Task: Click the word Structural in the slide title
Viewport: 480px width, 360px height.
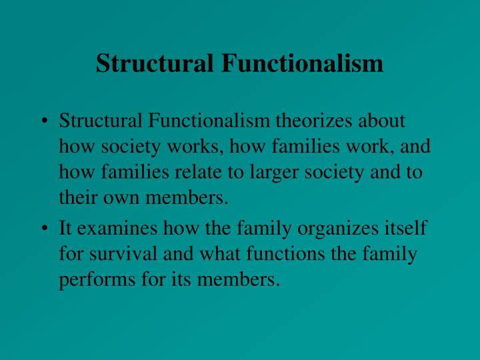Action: point(155,63)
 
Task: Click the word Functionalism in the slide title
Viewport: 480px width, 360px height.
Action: point(303,63)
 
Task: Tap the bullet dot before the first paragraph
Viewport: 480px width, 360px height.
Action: point(45,121)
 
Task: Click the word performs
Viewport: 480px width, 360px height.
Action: point(95,279)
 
